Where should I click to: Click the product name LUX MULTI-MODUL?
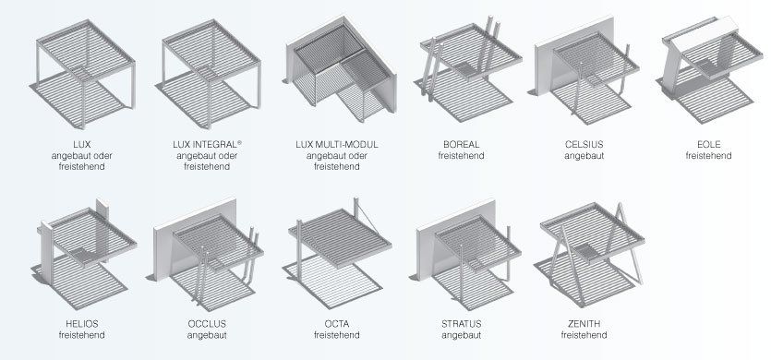[337, 145]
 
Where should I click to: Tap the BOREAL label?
[462, 145]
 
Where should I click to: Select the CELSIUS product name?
[584, 145]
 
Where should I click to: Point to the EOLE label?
[709, 145]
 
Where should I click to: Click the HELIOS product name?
[81, 324]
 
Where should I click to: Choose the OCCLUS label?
[207, 324]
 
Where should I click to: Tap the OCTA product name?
[337, 324]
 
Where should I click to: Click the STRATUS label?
[462, 324]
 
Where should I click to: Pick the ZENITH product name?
[584, 324]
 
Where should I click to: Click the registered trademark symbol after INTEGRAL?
[239, 143]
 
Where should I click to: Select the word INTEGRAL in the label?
[215, 145]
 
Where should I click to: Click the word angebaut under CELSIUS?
[584, 156]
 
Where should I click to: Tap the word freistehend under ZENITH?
[584, 335]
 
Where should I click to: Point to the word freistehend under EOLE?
[709, 156]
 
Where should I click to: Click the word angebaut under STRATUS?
[462, 335]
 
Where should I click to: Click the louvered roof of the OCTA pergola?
[341, 237]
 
